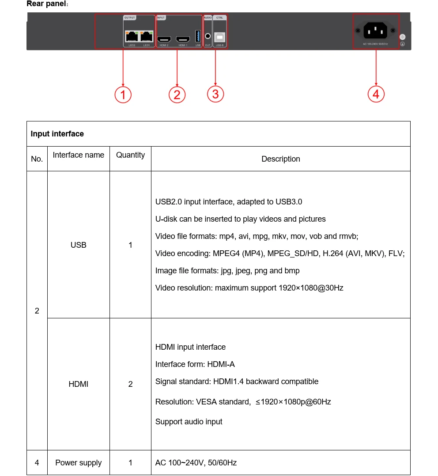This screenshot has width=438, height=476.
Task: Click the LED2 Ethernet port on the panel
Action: (132, 37)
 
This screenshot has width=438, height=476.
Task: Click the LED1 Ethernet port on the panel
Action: (147, 37)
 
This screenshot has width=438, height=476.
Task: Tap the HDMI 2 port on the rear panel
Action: (165, 39)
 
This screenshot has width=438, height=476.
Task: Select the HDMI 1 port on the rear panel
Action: (183, 39)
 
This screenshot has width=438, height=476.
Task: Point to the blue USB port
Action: (198, 36)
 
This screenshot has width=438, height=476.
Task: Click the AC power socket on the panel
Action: (375, 31)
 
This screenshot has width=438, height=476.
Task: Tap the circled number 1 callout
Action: (123, 94)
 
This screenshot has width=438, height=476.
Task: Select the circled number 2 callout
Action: (177, 94)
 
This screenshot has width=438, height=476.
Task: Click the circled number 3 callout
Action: (215, 94)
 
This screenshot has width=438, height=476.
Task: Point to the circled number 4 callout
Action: (376, 94)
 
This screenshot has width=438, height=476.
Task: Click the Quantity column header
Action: (130, 155)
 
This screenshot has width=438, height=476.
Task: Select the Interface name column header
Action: (79, 155)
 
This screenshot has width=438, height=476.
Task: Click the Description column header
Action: (280, 159)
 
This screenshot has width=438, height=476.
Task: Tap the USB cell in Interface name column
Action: (79, 245)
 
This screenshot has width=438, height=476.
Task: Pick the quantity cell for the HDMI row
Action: (130, 384)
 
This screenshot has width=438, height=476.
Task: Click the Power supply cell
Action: (79, 463)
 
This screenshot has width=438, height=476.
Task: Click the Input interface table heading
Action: (57, 134)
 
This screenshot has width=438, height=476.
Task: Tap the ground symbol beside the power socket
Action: (402, 44)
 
